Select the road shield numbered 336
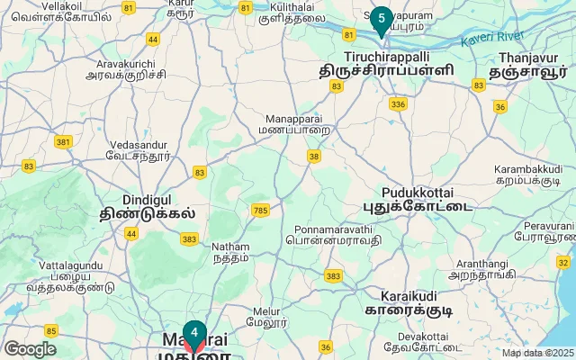pyautogui.click(x=398, y=105)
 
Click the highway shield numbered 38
pyautogui.click(x=313, y=157)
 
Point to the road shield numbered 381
pyautogui.click(x=63, y=141)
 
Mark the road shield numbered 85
pyautogui.click(x=50, y=330)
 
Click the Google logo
pyautogui.click(x=30, y=348)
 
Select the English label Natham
pyautogui.click(x=229, y=246)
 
